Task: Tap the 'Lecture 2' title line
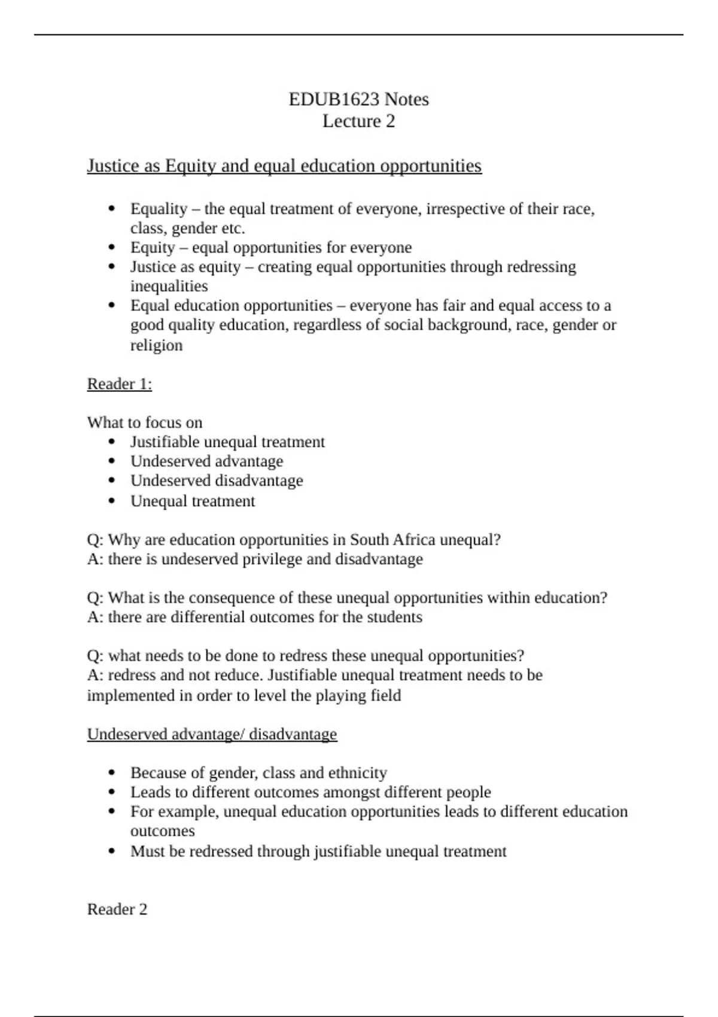[x=358, y=121]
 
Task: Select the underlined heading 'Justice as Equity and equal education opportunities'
[x=284, y=166]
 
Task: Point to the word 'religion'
[x=156, y=345]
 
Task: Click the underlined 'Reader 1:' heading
[x=120, y=383]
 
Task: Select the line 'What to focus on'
[x=145, y=422]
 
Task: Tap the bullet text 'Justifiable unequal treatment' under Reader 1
[x=227, y=442]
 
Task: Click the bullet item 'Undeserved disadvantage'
[x=217, y=481]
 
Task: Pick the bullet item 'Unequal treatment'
[x=193, y=501]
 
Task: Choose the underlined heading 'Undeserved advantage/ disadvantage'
[x=212, y=734]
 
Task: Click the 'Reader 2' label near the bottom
[x=117, y=909]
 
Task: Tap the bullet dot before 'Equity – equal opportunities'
[x=112, y=248]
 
